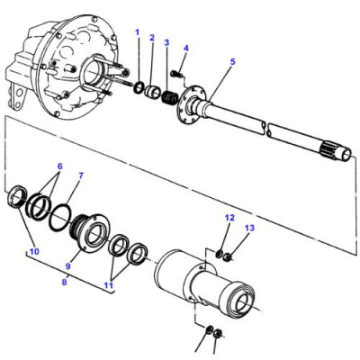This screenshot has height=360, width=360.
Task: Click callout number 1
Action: [x=137, y=32]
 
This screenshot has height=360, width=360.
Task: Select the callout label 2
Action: [x=152, y=38]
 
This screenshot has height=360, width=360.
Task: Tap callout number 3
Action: [x=166, y=42]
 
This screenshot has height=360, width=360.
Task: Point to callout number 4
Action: [x=186, y=48]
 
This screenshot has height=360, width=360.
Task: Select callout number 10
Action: [x=35, y=251]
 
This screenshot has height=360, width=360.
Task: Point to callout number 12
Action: [x=229, y=218]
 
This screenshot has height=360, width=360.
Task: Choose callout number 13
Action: [x=249, y=229]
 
